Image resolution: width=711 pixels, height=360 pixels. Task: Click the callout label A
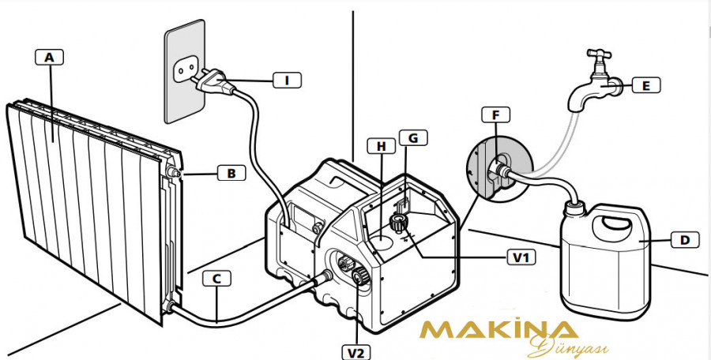tap(50, 57)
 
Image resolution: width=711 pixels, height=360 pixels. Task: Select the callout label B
tap(231, 171)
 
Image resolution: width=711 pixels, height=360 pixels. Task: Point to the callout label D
tap(685, 238)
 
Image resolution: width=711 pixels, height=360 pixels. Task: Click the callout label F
tap(496, 116)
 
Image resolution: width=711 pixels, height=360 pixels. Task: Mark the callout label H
tap(382, 146)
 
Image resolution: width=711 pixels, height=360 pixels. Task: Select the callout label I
tap(288, 80)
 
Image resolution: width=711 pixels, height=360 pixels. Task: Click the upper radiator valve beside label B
tap(173, 171)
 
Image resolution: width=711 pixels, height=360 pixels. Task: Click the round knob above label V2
tap(359, 276)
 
